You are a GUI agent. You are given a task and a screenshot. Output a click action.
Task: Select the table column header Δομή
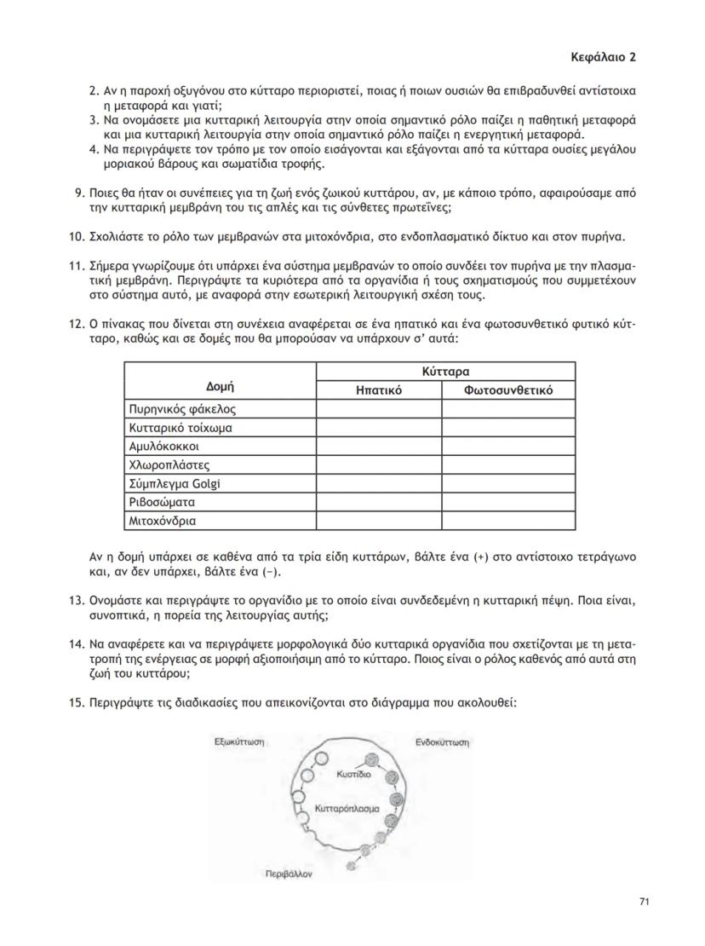221,387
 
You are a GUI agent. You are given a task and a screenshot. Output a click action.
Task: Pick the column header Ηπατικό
378,390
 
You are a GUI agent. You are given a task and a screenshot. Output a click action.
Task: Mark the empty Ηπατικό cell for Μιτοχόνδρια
378,521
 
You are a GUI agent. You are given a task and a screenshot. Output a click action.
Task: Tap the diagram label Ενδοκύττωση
443,742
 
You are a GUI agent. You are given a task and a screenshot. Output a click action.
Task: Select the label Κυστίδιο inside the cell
352,776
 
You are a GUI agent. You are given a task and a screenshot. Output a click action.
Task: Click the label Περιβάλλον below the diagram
289,874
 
